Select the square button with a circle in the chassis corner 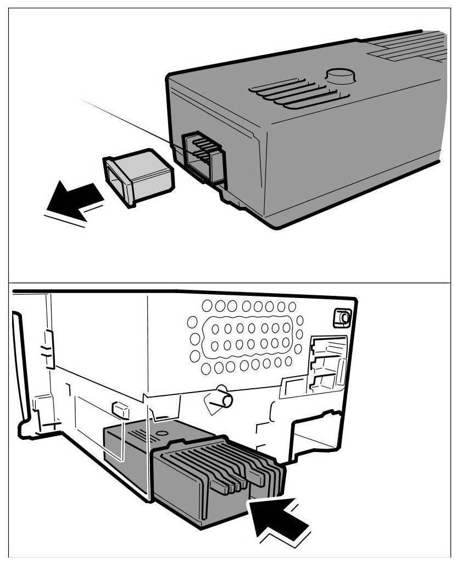[343, 318]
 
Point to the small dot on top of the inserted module [160, 434]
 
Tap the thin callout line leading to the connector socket [132, 121]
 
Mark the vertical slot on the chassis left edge [48, 349]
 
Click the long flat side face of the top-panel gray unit [352, 165]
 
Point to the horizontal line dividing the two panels [228, 282]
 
